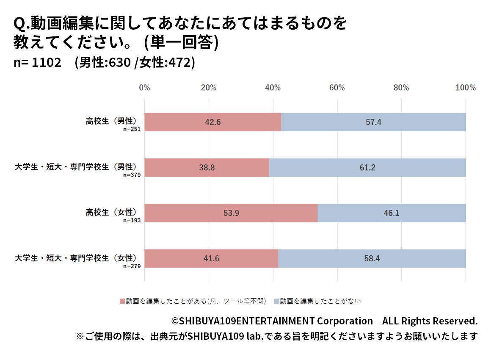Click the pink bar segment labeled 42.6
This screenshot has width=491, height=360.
pos(213,122)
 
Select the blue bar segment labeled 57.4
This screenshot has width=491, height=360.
pos(373,122)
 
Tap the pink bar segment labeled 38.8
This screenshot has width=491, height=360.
pos(207,168)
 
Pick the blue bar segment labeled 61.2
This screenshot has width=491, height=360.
pos(367,168)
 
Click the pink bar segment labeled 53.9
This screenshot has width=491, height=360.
pos(231,213)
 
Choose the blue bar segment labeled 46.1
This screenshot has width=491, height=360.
pos(392,213)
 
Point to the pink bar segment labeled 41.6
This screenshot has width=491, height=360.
pos(211,258)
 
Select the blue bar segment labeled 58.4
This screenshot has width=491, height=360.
pos(372,258)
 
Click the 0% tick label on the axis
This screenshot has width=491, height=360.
pos(145,88)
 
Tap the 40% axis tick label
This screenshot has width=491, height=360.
pos(273,88)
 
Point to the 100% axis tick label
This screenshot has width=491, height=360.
pos(466,88)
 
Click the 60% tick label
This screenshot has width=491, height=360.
pos(337,88)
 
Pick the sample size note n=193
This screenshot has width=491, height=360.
pos(132,220)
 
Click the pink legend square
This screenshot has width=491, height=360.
pos(122,301)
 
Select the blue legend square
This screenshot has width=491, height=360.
pos(276,301)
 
